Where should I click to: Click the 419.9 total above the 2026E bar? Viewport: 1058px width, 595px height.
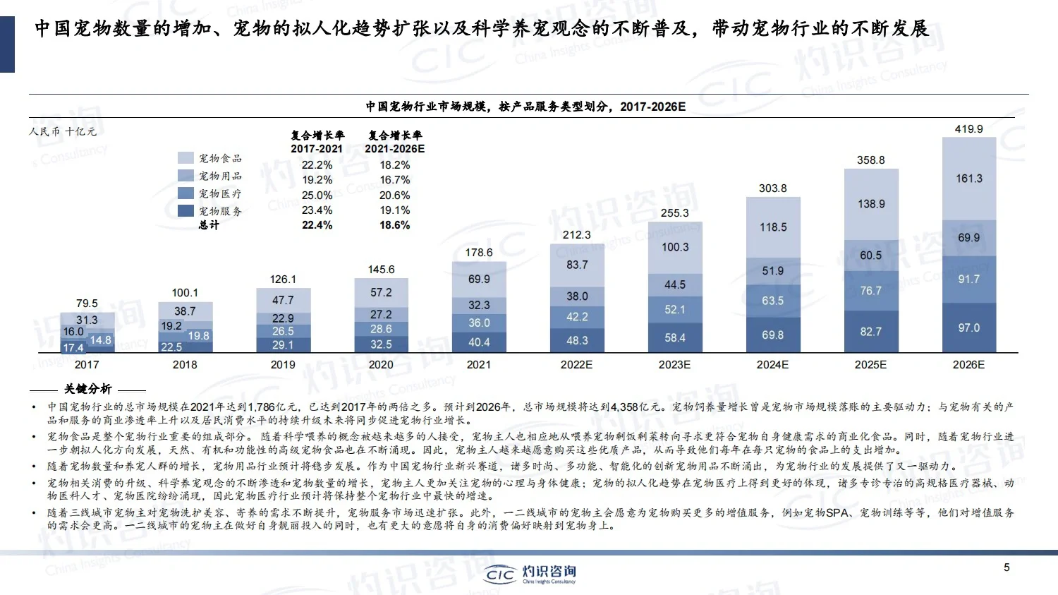pyautogui.click(x=968, y=129)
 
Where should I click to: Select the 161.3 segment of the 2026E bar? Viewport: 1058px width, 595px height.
pyautogui.click(x=969, y=179)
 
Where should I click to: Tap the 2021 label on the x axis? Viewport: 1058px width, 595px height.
pyautogui.click(x=479, y=365)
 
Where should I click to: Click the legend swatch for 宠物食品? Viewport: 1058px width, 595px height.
pyautogui.click(x=186, y=158)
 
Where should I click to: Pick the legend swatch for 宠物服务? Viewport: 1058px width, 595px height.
pyautogui.click(x=186, y=211)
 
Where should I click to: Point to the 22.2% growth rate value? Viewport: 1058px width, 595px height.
pyautogui.click(x=317, y=165)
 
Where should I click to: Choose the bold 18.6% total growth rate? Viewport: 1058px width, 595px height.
pyautogui.click(x=394, y=225)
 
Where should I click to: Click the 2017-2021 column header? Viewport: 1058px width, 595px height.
pyautogui.click(x=317, y=149)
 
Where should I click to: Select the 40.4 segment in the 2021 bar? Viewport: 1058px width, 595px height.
pyautogui.click(x=479, y=342)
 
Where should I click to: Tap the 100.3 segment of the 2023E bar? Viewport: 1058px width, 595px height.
pyautogui.click(x=675, y=247)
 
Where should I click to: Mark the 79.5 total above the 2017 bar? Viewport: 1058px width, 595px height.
pyautogui.click(x=87, y=303)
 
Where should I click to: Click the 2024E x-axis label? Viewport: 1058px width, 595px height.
pyautogui.click(x=772, y=365)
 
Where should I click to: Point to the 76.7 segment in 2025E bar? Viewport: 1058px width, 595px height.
pyautogui.click(x=870, y=291)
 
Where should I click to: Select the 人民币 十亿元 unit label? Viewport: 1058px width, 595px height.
pyautogui.click(x=63, y=132)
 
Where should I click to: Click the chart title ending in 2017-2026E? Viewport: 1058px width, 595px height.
pyautogui.click(x=525, y=107)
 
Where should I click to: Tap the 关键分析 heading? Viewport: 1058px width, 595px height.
pyautogui.click(x=87, y=389)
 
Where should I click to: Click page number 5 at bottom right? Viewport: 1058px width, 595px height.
pyautogui.click(x=1007, y=567)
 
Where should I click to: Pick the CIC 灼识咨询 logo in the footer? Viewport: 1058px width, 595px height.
pyautogui.click(x=530, y=573)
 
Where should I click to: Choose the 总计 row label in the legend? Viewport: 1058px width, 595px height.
pyautogui.click(x=209, y=225)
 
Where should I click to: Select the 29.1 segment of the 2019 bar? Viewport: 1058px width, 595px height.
pyautogui.click(x=283, y=345)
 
